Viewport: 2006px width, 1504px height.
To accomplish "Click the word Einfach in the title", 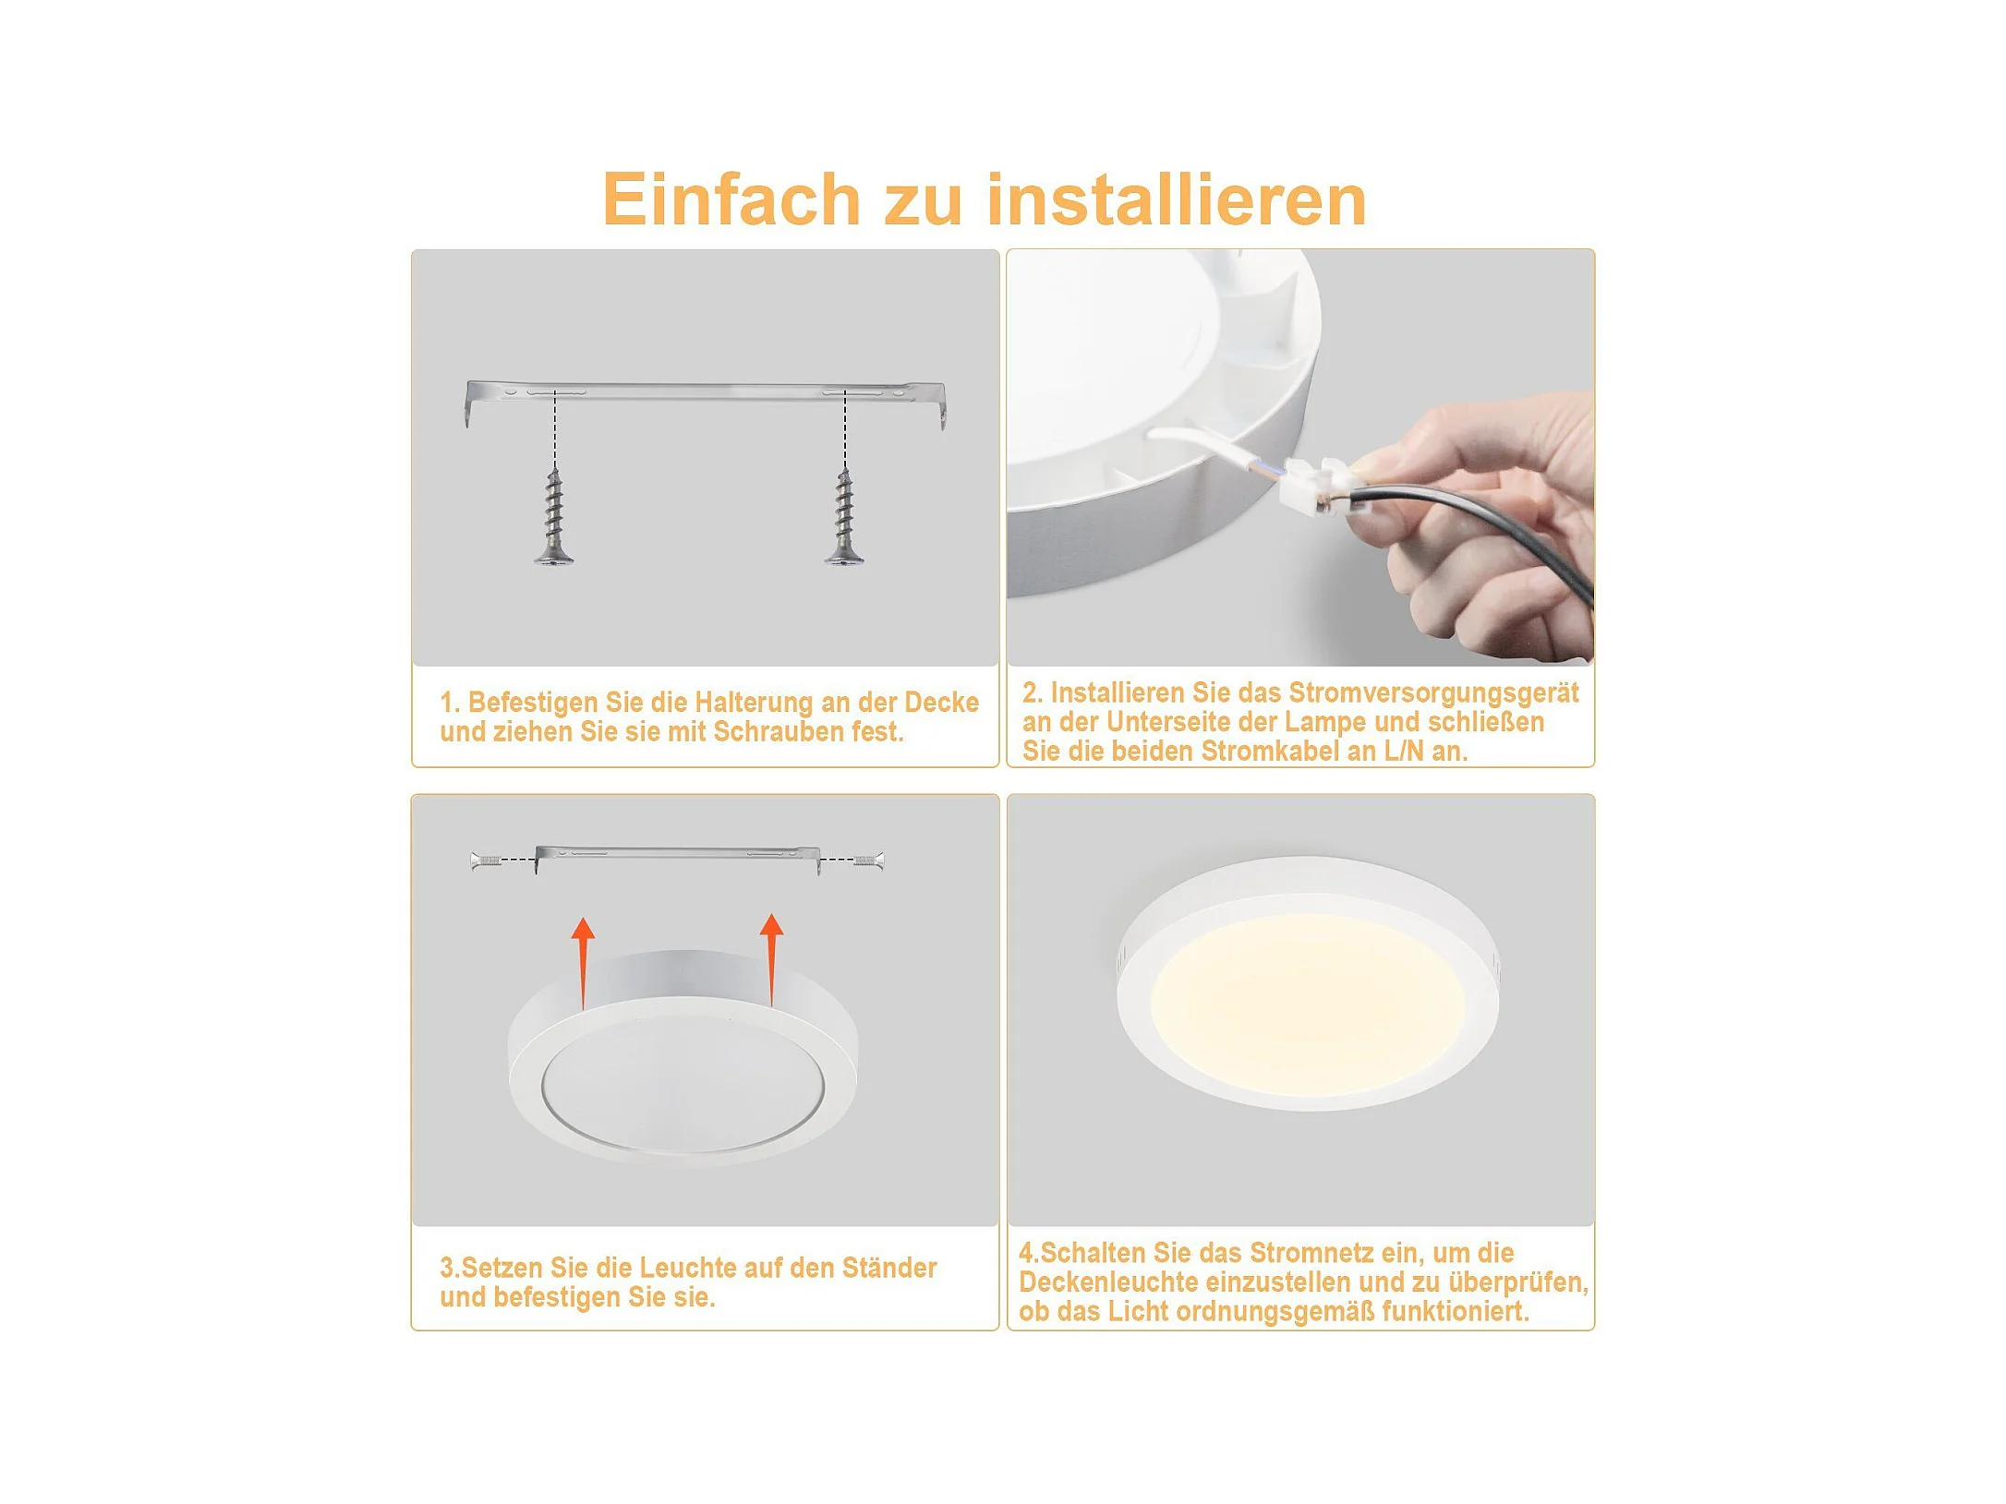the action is [x=731, y=199].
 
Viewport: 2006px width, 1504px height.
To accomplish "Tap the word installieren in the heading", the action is [x=1177, y=199].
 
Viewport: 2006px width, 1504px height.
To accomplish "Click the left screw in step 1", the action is [x=554, y=516].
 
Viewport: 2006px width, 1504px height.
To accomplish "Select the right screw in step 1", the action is [x=844, y=516].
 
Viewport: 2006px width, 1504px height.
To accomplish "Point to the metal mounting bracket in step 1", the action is [x=706, y=392].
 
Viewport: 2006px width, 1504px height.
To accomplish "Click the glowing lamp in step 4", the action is [x=1308, y=983].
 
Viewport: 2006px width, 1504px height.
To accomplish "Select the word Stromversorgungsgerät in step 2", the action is [x=1433, y=693].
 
